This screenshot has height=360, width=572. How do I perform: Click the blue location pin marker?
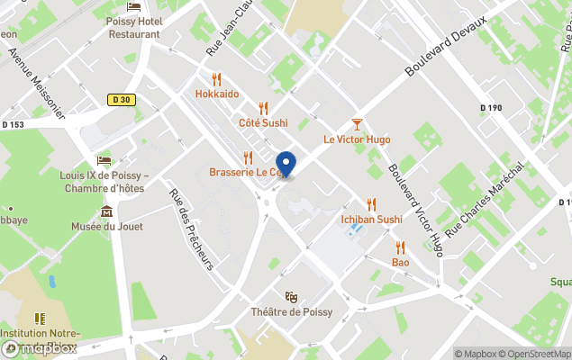[286, 164]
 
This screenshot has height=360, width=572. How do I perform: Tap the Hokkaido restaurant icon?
[217, 79]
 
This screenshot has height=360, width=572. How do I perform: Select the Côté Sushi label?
[263, 122]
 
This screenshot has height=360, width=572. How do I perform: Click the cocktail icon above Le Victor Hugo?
[357, 124]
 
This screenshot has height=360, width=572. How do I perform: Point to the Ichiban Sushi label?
[371, 219]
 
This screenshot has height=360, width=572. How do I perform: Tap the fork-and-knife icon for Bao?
[400, 247]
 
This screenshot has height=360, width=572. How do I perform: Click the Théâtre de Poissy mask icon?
[291, 297]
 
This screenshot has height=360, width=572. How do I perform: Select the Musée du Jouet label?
[107, 226]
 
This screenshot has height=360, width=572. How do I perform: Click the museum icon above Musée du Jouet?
[107, 211]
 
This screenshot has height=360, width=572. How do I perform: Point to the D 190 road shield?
[492, 108]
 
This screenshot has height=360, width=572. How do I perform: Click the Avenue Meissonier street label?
[36, 81]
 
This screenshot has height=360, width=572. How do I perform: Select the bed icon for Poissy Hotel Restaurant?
[134, 7]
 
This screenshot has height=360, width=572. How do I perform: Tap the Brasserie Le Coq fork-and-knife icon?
[249, 158]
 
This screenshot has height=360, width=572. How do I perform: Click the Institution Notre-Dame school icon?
[40, 319]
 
